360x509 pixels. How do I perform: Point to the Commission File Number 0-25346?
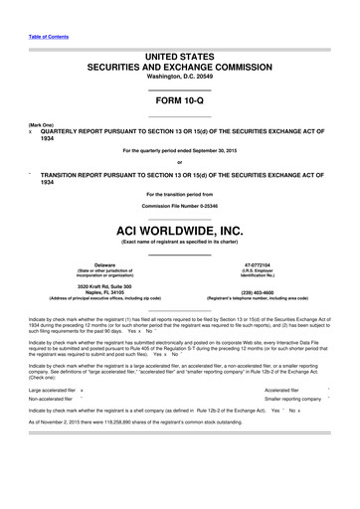pos(180,206)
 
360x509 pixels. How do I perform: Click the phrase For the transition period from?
pos(180,193)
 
